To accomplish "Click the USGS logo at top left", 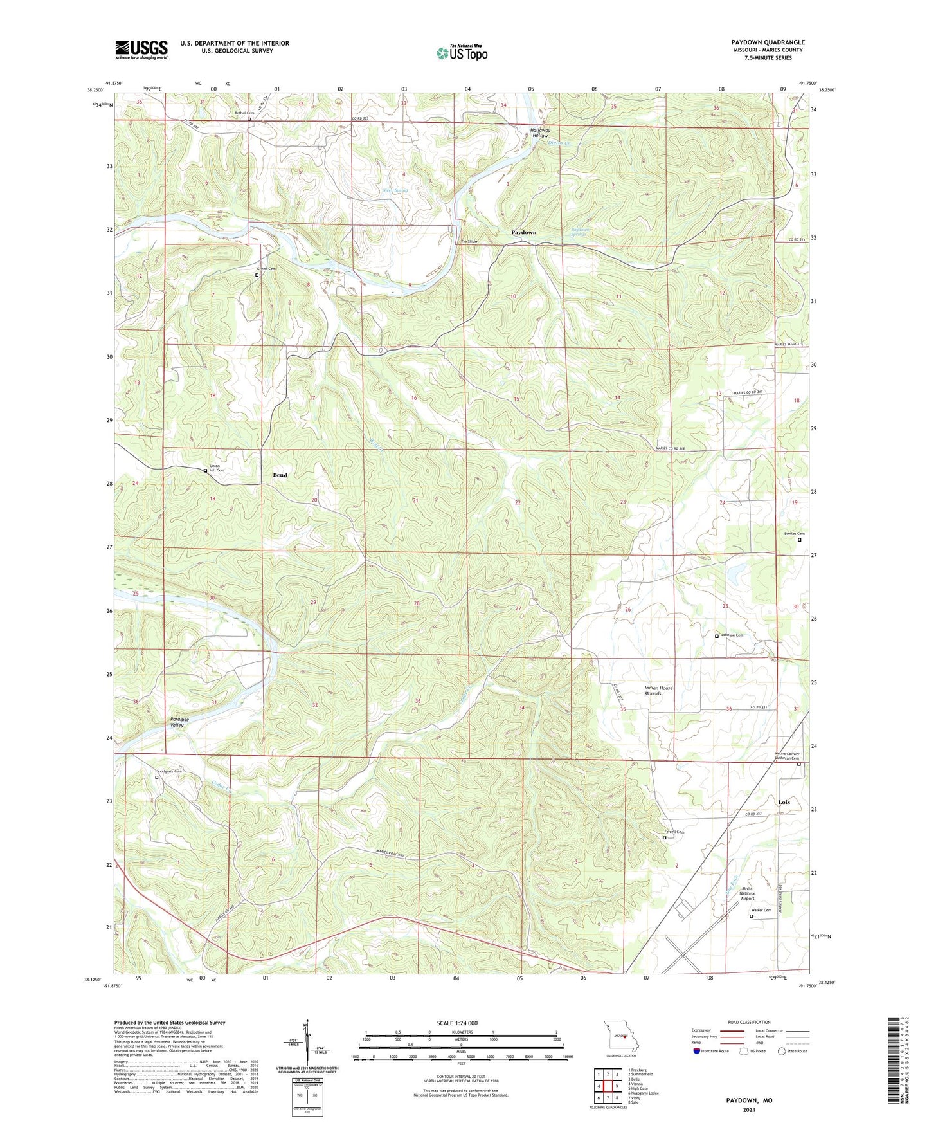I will pyautogui.click(x=141, y=50).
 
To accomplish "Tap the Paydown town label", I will pyautogui.click(x=523, y=232).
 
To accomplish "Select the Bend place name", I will pyautogui.click(x=280, y=475).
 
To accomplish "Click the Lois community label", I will pyautogui.click(x=784, y=802).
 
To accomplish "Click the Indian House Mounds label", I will pyautogui.click(x=658, y=690).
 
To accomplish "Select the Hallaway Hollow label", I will pyautogui.click(x=539, y=133).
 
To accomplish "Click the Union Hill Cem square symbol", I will pyautogui.click(x=205, y=471).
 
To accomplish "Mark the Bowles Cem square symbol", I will pyautogui.click(x=799, y=540).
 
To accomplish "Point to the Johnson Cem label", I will pyautogui.click(x=732, y=635).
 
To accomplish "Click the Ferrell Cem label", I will pyautogui.click(x=674, y=832).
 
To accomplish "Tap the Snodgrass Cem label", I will pyautogui.click(x=169, y=771).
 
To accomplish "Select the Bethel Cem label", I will pyautogui.click(x=244, y=113).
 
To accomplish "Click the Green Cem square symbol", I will pyautogui.click(x=257, y=275).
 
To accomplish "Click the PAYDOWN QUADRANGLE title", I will pyautogui.click(x=768, y=42).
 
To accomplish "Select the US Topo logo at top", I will pyautogui.click(x=462, y=53).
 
